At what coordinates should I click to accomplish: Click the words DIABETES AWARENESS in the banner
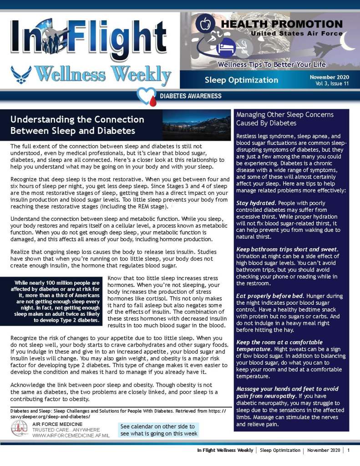(x=190, y=96)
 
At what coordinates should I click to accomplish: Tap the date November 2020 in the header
(x=330, y=77)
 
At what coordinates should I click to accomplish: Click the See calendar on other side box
(x=159, y=430)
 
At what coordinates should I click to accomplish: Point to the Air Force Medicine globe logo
(x=19, y=429)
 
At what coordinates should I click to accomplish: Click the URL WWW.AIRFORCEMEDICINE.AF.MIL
(x=71, y=436)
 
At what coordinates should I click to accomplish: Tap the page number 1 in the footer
(x=348, y=450)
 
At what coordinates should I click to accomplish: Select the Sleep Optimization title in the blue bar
(x=241, y=80)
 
